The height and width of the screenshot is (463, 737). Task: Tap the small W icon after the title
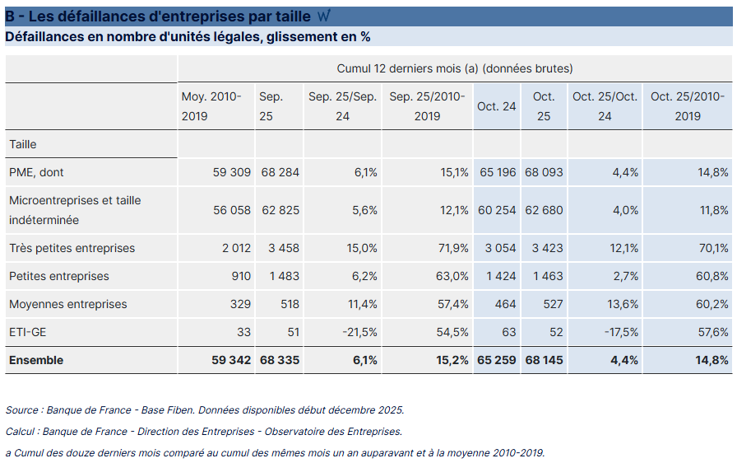(322, 16)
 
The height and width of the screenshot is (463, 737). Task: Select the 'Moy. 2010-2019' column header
(211, 106)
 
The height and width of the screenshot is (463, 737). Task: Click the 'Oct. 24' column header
(497, 106)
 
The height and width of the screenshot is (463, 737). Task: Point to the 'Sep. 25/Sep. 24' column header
(342, 106)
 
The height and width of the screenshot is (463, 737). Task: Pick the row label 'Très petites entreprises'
(72, 248)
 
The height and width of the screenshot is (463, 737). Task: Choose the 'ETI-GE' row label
(27, 332)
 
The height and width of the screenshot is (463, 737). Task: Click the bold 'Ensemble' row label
(36, 360)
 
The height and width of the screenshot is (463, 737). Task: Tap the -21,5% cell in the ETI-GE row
(359, 332)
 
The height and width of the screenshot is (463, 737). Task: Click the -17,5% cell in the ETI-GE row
(619, 332)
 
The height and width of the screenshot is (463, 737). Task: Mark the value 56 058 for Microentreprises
(231, 210)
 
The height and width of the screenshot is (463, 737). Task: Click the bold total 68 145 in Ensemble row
(544, 360)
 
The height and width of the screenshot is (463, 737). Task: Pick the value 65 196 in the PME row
(498, 172)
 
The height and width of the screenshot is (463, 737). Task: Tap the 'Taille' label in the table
(23, 144)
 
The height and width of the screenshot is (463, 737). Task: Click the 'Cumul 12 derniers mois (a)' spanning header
(455, 68)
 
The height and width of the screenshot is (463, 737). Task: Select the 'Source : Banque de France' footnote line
(205, 409)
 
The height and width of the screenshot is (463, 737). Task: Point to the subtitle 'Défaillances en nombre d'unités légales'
(188, 37)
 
